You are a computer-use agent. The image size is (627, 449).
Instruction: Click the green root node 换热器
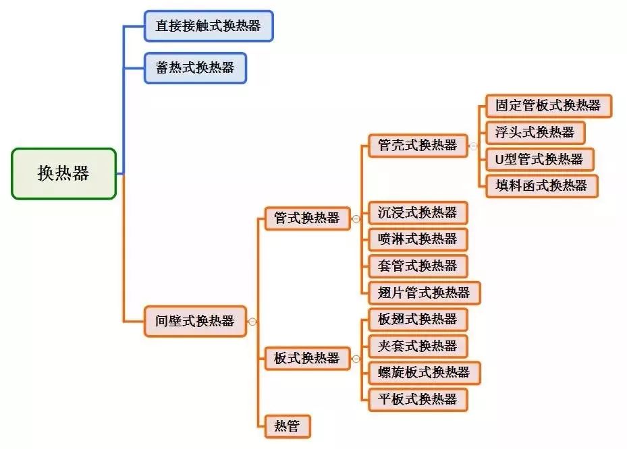tap(63, 174)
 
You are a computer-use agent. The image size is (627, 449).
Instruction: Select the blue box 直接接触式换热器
tap(209, 26)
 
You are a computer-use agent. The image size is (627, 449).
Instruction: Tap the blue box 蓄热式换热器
tap(195, 68)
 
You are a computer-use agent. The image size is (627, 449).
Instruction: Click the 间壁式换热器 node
tap(195, 321)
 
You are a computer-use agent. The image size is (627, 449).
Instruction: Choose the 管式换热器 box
tap(307, 218)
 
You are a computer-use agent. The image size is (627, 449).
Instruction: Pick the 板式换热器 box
tap(307, 359)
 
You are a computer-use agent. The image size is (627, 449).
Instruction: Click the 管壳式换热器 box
tap(418, 145)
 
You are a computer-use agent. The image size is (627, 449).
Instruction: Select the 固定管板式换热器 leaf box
tap(548, 106)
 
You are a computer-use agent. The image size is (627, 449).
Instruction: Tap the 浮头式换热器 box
tap(535, 132)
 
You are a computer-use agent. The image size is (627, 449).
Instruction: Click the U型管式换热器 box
tap(539, 159)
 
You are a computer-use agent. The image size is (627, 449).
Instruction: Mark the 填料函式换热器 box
tap(541, 185)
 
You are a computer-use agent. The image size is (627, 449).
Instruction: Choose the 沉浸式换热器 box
tap(418, 212)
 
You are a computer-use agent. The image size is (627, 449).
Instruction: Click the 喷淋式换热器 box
tap(418, 239)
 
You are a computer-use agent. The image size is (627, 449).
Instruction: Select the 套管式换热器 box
tap(418, 266)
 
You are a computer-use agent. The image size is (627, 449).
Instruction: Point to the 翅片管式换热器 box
tap(425, 292)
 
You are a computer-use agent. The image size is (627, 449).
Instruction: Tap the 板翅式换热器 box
tap(418, 319)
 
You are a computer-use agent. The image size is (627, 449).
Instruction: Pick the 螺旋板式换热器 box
tap(425, 372)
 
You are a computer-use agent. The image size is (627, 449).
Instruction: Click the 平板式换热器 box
tap(418, 399)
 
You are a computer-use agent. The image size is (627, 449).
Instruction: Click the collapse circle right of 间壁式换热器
tap(252, 322)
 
